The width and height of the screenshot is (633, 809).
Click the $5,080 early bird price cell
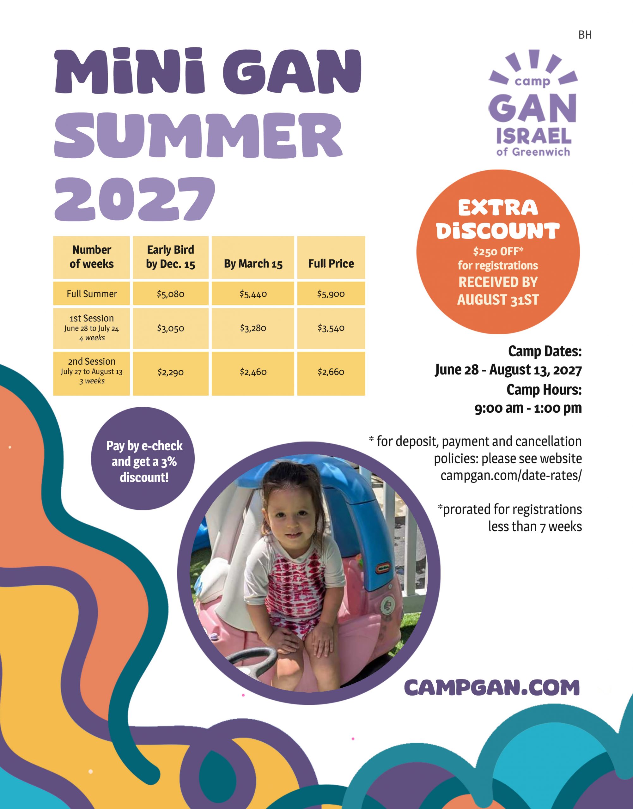click(x=170, y=294)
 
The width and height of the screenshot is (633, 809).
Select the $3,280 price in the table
click(x=253, y=328)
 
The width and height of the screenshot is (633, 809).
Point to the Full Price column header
click(x=331, y=264)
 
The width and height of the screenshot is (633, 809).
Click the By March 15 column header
click(x=253, y=264)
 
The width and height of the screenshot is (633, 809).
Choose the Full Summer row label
click(x=92, y=294)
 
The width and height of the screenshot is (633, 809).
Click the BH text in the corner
click(x=585, y=35)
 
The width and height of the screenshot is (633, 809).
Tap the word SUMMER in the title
click(x=198, y=136)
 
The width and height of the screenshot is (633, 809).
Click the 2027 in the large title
click(x=135, y=199)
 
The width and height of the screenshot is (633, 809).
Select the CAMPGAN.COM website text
click(x=492, y=688)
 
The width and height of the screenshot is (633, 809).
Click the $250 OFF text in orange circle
click(x=498, y=252)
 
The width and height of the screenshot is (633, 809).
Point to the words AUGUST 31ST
click(x=498, y=300)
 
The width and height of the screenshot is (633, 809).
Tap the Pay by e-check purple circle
click(x=143, y=459)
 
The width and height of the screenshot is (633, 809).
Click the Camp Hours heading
click(x=544, y=390)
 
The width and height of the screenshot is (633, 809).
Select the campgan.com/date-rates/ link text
click(x=511, y=475)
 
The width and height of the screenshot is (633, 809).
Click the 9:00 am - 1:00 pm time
click(x=528, y=408)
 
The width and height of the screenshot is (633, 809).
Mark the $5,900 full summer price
click(x=331, y=294)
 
